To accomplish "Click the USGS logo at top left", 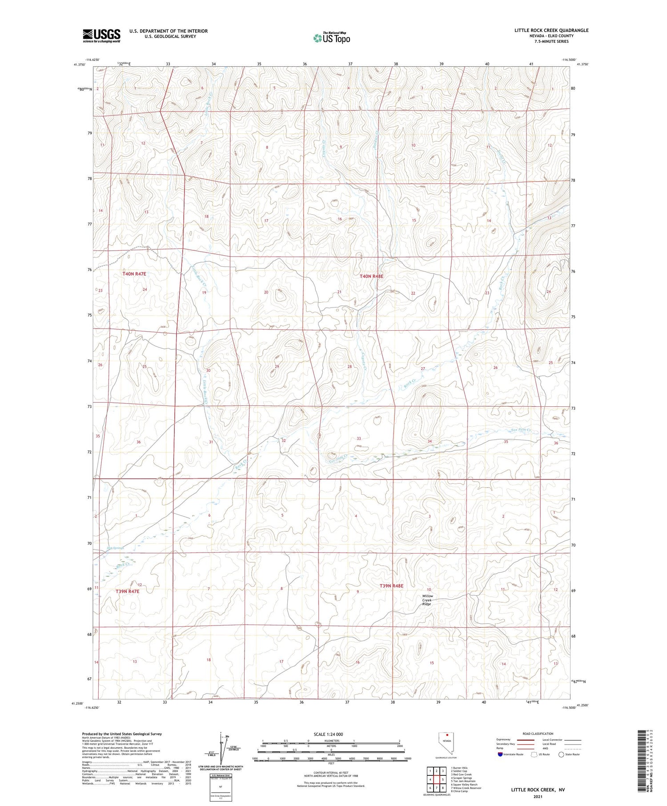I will coord(101,36).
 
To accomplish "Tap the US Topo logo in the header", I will coord(331,38).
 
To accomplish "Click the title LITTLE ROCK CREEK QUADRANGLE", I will coord(551,30).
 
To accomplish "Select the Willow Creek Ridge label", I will coord(427,600).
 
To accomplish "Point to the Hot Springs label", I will coord(115,548).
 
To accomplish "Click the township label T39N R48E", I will coord(391,586).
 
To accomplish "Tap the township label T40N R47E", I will coord(134,274).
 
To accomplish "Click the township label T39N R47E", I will coord(128,591).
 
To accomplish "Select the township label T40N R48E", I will coord(371,276).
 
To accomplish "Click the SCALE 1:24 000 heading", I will coord(328,734).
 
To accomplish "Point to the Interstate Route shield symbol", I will coord(501,754).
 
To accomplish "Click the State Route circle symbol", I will coord(561,754).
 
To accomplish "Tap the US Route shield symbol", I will coord(534,754).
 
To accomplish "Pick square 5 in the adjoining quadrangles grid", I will coord(443,779).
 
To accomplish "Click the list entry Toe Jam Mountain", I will coord(463,781).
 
